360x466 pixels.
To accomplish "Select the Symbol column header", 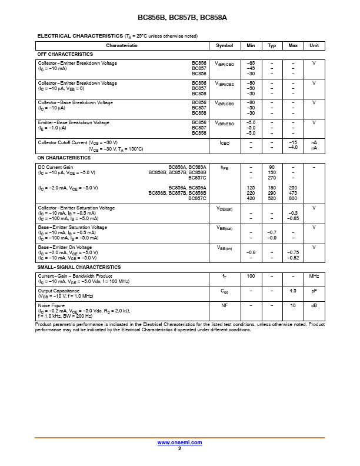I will click(x=224, y=45).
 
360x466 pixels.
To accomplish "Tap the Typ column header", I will click(x=272, y=45).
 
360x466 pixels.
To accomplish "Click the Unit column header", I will click(x=314, y=45).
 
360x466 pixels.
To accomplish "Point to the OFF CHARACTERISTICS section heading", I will click(x=65, y=54).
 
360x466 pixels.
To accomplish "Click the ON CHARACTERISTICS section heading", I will click(x=64, y=158).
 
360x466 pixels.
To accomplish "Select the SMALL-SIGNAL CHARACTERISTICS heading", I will click(x=79, y=267).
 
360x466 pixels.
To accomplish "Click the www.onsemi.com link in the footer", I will click(x=179, y=442).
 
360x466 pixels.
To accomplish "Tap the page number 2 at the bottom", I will click(x=179, y=448).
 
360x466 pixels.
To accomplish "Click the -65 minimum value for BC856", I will click(x=251, y=63).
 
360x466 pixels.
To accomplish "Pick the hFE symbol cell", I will click(x=224, y=168).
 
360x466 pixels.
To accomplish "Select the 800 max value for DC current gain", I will click(x=292, y=198).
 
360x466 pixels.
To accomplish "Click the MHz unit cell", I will click(x=314, y=276).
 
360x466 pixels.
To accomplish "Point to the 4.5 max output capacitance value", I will click(x=292, y=291).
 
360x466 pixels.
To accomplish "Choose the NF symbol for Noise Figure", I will click(x=224, y=305).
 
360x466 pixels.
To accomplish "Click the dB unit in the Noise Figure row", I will click(x=314, y=305).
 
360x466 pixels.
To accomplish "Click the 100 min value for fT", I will click(x=251, y=276).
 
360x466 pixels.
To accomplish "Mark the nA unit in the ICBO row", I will click(x=314, y=142).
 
